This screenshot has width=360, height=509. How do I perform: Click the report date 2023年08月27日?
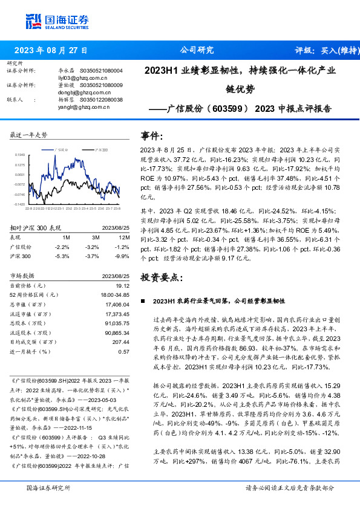coord(50,50)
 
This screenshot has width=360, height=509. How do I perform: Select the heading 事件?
coord(152,135)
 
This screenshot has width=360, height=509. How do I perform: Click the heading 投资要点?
coord(161,277)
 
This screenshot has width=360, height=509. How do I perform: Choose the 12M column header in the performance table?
coord(124,238)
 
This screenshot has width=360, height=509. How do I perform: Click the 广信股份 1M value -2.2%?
coord(61,247)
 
